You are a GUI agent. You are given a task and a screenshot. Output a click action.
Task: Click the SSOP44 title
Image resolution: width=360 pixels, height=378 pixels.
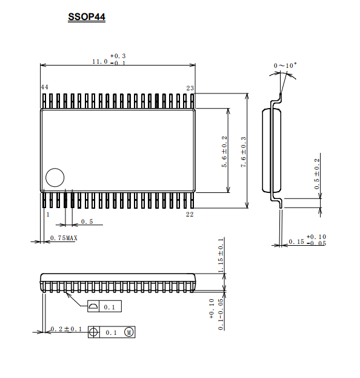point(87,17)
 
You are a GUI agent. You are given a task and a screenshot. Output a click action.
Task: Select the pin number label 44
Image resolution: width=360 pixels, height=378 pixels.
point(44,87)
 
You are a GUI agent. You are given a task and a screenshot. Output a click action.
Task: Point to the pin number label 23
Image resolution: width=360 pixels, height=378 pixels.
point(190,88)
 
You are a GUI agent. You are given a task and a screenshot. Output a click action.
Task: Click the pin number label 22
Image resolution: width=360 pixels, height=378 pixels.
point(190,214)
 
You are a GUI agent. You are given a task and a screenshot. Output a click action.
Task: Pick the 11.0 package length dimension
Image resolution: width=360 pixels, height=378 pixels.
point(100,61)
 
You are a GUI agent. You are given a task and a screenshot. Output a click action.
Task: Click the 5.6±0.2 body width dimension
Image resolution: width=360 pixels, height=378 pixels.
point(224,152)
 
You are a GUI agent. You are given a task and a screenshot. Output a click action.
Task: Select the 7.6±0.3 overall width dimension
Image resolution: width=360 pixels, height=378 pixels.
point(244,152)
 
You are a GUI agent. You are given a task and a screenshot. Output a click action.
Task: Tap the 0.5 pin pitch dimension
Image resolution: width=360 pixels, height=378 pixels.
point(87,221)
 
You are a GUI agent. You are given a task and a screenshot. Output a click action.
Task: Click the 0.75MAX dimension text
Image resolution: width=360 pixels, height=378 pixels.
point(64,238)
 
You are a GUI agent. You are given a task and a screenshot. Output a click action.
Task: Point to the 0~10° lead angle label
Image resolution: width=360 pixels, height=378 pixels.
point(285,66)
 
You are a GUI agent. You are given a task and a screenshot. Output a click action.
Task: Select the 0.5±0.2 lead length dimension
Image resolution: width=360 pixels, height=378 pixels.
point(317,174)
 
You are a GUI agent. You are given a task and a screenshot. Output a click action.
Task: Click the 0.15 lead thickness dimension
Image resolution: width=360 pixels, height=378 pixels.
point(296,241)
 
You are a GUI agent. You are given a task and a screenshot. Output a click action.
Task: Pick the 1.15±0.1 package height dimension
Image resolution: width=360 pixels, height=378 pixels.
point(221,255)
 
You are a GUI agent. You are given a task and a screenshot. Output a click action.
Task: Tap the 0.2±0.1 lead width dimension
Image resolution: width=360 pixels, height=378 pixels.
point(67,329)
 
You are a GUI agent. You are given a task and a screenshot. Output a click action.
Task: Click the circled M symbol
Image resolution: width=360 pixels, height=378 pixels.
point(129,332)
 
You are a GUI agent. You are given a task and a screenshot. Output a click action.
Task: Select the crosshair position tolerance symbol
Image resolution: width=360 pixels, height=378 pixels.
point(93,332)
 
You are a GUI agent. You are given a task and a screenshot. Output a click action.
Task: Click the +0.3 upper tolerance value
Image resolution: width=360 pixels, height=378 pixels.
point(118,56)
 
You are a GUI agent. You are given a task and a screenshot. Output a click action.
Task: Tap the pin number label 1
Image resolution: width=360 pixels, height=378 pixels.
point(48,214)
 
